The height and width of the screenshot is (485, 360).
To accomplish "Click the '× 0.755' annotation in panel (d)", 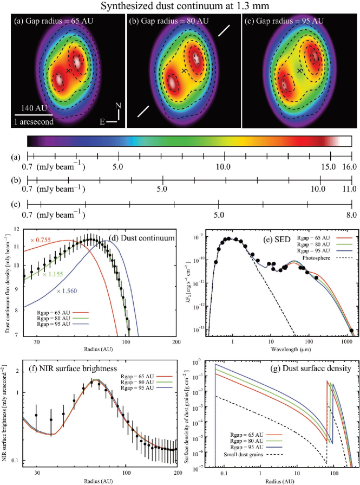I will tap(38, 241).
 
